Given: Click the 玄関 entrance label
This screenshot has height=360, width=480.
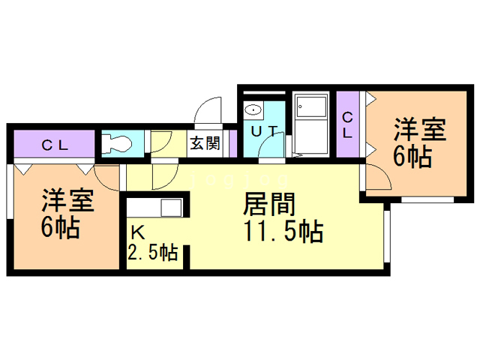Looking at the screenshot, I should point(204,143).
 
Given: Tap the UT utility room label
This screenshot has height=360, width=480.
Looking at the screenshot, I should point(262,130).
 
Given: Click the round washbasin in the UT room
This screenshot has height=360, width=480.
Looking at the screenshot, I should point(254,109).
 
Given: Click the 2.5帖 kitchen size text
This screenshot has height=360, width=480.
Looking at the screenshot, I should point(153,253).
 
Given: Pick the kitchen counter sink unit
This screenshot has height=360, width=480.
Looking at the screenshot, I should point(154,207).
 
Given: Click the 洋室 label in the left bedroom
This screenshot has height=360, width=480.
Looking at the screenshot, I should point(67,201).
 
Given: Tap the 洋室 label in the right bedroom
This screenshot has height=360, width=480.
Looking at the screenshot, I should point(420,130).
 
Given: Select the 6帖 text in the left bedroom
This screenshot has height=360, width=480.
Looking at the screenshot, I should point(60,228).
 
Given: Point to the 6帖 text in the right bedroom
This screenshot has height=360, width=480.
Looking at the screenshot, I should point(412,157).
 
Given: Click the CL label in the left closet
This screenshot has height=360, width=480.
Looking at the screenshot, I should point(55,145).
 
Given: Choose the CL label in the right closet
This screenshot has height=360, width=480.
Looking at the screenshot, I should point(348,124).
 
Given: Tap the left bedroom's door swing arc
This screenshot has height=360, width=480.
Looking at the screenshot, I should point(107,178).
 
